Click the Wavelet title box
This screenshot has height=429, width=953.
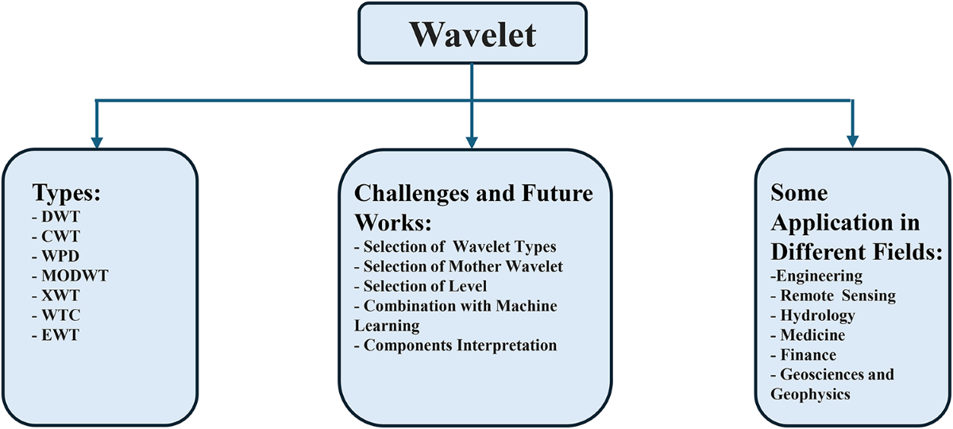473,33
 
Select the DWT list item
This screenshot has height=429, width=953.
56,217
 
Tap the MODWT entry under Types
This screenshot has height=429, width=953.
70,276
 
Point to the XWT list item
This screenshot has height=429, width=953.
56,296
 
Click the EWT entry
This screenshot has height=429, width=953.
56,335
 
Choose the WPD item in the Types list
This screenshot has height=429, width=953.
56,256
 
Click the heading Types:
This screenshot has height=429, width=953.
67,193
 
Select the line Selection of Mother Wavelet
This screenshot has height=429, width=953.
459,266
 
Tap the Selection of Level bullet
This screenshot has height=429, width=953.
421,286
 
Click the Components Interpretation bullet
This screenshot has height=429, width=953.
456,345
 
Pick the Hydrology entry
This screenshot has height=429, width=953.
812,315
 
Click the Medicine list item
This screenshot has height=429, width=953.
808,335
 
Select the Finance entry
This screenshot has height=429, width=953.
803,354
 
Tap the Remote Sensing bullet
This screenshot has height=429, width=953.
833,296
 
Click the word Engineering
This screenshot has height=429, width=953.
820,276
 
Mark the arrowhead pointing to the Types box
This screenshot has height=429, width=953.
97,142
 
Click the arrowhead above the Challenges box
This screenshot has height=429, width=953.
472,142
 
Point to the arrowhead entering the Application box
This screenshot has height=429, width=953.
853,141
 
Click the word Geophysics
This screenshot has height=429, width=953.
811,395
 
